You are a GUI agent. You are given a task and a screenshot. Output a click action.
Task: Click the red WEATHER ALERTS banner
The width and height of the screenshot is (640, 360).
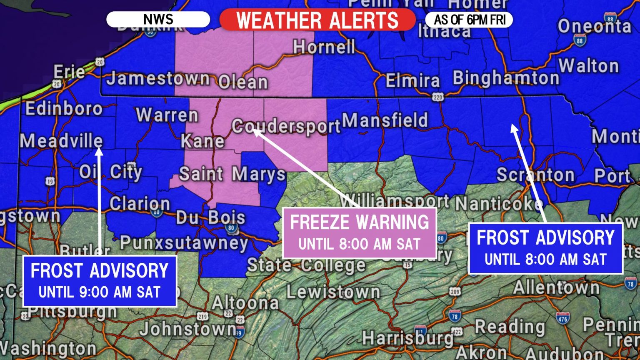point(317,20)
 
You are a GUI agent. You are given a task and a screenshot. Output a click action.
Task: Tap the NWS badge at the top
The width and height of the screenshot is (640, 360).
point(158,19)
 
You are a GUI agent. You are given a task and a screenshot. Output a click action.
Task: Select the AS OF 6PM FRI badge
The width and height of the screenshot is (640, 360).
point(469,20)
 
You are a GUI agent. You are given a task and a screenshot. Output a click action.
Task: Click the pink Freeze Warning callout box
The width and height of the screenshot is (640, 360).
point(359,232)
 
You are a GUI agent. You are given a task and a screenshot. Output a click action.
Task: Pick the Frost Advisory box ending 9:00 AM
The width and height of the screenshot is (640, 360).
point(100,281)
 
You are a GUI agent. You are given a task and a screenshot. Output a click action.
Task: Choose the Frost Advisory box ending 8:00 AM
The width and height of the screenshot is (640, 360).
point(545,248)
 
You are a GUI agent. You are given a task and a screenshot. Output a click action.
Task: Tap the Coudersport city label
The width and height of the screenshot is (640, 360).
point(286,126)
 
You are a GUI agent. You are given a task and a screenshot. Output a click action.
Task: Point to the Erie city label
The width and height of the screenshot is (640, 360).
point(69,72)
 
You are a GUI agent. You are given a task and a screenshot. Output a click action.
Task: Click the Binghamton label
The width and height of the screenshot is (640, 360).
point(505,78)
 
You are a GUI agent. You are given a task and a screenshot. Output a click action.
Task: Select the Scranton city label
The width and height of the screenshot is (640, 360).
point(535,175)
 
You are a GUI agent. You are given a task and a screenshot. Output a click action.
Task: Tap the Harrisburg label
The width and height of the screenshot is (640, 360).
point(407,338)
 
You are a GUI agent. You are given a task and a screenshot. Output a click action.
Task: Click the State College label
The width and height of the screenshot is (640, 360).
point(306,265)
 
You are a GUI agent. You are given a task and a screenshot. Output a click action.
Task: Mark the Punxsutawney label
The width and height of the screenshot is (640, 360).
point(184,243)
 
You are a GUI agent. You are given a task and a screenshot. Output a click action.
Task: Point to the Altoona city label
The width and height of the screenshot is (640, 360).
point(245,303)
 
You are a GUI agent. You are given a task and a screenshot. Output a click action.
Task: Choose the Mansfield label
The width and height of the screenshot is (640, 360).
point(385,120)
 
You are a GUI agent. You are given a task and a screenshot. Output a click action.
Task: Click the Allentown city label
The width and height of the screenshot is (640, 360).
point(556,287)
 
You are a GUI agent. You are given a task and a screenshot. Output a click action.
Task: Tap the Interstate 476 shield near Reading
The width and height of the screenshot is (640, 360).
point(562,319)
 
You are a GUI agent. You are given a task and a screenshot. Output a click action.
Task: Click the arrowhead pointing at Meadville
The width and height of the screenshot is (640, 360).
point(99,152)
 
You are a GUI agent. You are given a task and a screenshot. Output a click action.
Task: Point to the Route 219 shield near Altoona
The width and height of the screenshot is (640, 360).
point(202,317)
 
